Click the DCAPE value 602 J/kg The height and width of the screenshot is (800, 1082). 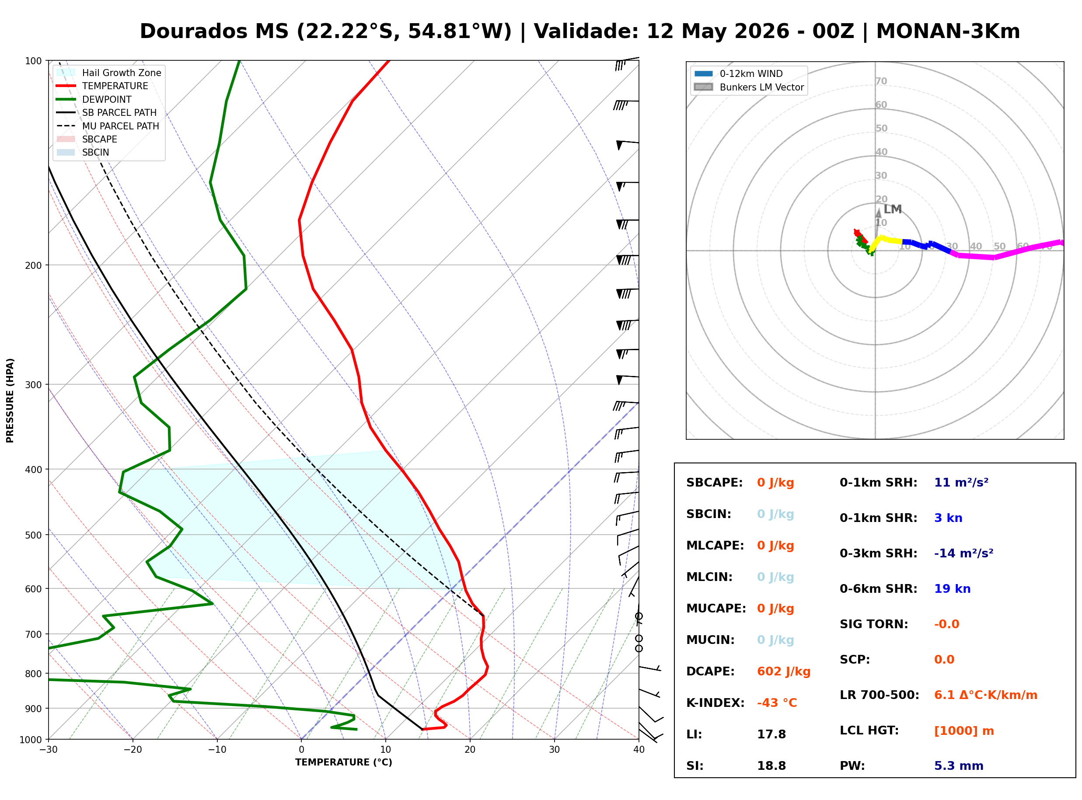(x=784, y=671)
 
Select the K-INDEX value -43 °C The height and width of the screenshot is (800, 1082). (x=777, y=703)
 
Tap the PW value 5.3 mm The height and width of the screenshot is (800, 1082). (x=959, y=766)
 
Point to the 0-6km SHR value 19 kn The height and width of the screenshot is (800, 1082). (x=952, y=589)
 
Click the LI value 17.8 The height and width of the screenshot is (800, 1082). (x=771, y=734)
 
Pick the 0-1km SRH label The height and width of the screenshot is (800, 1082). (x=879, y=483)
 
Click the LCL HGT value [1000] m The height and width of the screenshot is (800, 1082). (x=964, y=731)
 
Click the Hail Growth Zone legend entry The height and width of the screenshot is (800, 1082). (x=109, y=73)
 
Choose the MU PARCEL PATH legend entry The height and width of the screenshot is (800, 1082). (x=108, y=126)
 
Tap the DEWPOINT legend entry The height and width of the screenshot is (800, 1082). (x=94, y=99)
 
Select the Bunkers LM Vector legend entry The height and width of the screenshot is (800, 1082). (x=749, y=87)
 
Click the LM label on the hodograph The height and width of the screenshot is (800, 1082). (x=893, y=209)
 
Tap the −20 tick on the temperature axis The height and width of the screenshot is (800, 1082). (x=133, y=750)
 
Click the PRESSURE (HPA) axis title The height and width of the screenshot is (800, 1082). (x=10, y=400)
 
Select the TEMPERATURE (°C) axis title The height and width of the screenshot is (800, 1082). (x=344, y=762)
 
